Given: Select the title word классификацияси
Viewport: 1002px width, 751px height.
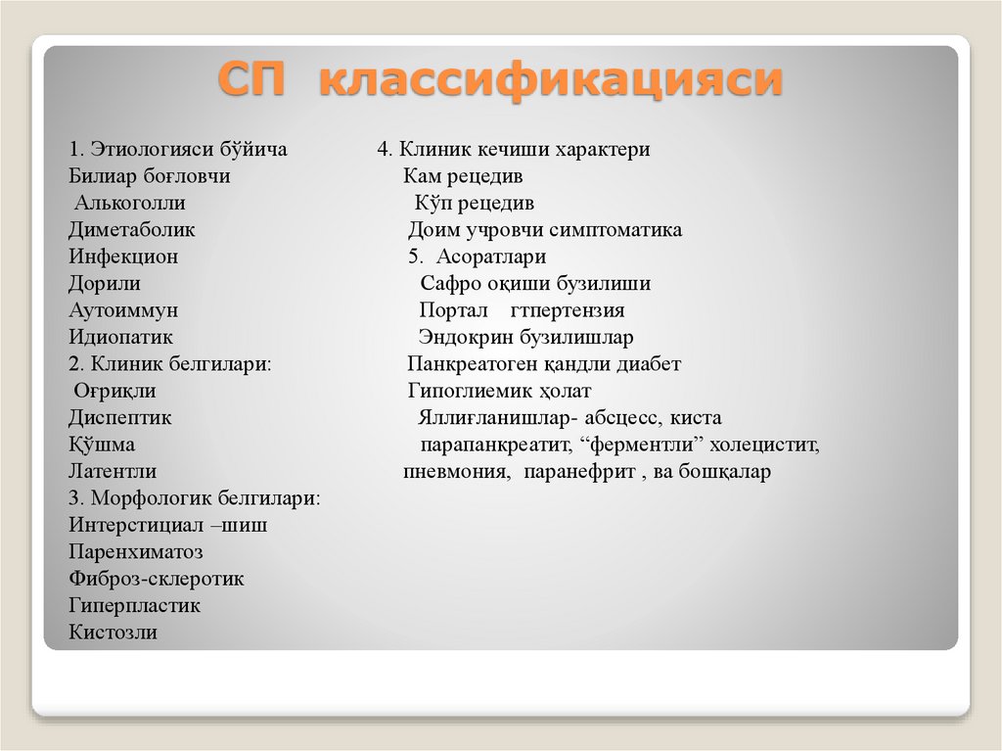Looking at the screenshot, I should coord(550,79).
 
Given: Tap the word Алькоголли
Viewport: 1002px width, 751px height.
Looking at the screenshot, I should coord(130,204).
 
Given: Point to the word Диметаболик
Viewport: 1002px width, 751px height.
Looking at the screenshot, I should coord(132,230).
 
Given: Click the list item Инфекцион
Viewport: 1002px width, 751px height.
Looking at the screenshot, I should coord(123,257).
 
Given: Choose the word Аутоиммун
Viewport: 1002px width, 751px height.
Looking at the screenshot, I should coord(123,310).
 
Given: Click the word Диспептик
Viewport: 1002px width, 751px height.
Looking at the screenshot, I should coord(120,418).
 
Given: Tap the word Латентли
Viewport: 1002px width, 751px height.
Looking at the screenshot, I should coord(113,472).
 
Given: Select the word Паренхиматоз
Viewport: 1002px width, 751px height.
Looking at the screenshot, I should coord(136,552).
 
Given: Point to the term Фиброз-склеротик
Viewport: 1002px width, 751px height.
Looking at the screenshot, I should coord(157,579).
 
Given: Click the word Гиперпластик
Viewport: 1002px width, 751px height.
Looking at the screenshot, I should coord(134,606).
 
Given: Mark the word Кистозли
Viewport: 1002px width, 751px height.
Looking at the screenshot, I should coord(113,633).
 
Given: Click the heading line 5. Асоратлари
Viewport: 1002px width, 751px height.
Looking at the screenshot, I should coord(478,257).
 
